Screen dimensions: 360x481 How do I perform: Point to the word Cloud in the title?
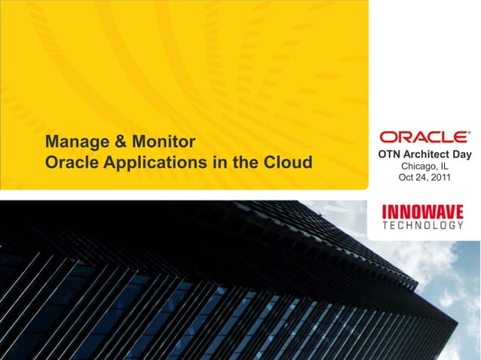(x=290, y=162)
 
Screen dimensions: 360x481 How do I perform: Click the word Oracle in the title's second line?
(x=69, y=162)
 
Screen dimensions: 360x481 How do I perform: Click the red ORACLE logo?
(x=422, y=137)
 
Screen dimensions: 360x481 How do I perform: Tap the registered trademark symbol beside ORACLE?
(x=469, y=133)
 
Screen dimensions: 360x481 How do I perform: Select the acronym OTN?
(x=389, y=154)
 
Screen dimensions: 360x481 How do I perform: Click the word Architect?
(x=426, y=154)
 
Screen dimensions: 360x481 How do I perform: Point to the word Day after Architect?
(x=461, y=154)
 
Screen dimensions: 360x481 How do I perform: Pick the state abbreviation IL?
(x=445, y=166)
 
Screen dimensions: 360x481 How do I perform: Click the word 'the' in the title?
(x=252, y=162)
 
